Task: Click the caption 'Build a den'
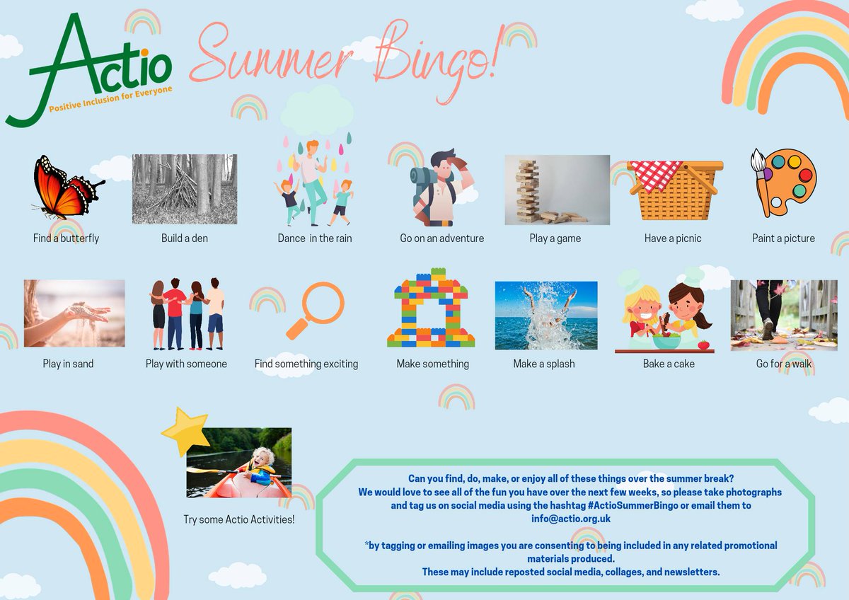pyautogui.click(x=185, y=238)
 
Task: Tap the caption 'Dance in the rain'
pyautogui.click(x=315, y=238)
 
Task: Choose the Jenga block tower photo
pyautogui.click(x=557, y=190)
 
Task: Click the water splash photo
pyautogui.click(x=546, y=316)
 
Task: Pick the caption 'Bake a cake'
pyautogui.click(x=669, y=364)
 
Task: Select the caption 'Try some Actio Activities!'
pyautogui.click(x=239, y=520)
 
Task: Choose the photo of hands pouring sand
pyautogui.click(x=74, y=313)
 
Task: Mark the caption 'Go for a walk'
pyautogui.click(x=784, y=364)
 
